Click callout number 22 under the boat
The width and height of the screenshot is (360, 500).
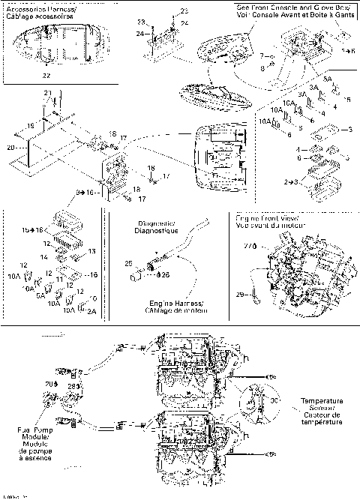[46, 76]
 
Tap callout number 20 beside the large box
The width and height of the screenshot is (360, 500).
[10, 147]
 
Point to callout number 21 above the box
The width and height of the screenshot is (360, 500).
[46, 92]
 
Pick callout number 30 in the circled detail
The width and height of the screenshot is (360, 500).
[273, 400]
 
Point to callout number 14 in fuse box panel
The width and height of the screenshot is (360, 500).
[46, 256]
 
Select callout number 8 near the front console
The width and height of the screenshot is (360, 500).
[261, 67]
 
